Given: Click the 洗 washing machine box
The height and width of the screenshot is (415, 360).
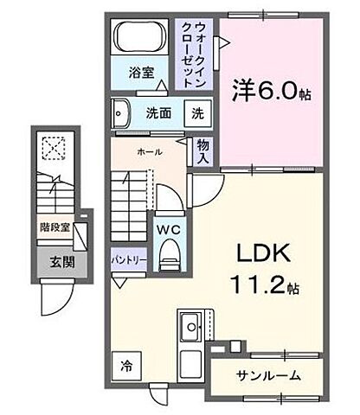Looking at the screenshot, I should [198, 112].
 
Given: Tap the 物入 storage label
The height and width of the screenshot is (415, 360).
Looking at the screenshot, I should [203, 152].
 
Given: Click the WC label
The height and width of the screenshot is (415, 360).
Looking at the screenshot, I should [168, 230].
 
